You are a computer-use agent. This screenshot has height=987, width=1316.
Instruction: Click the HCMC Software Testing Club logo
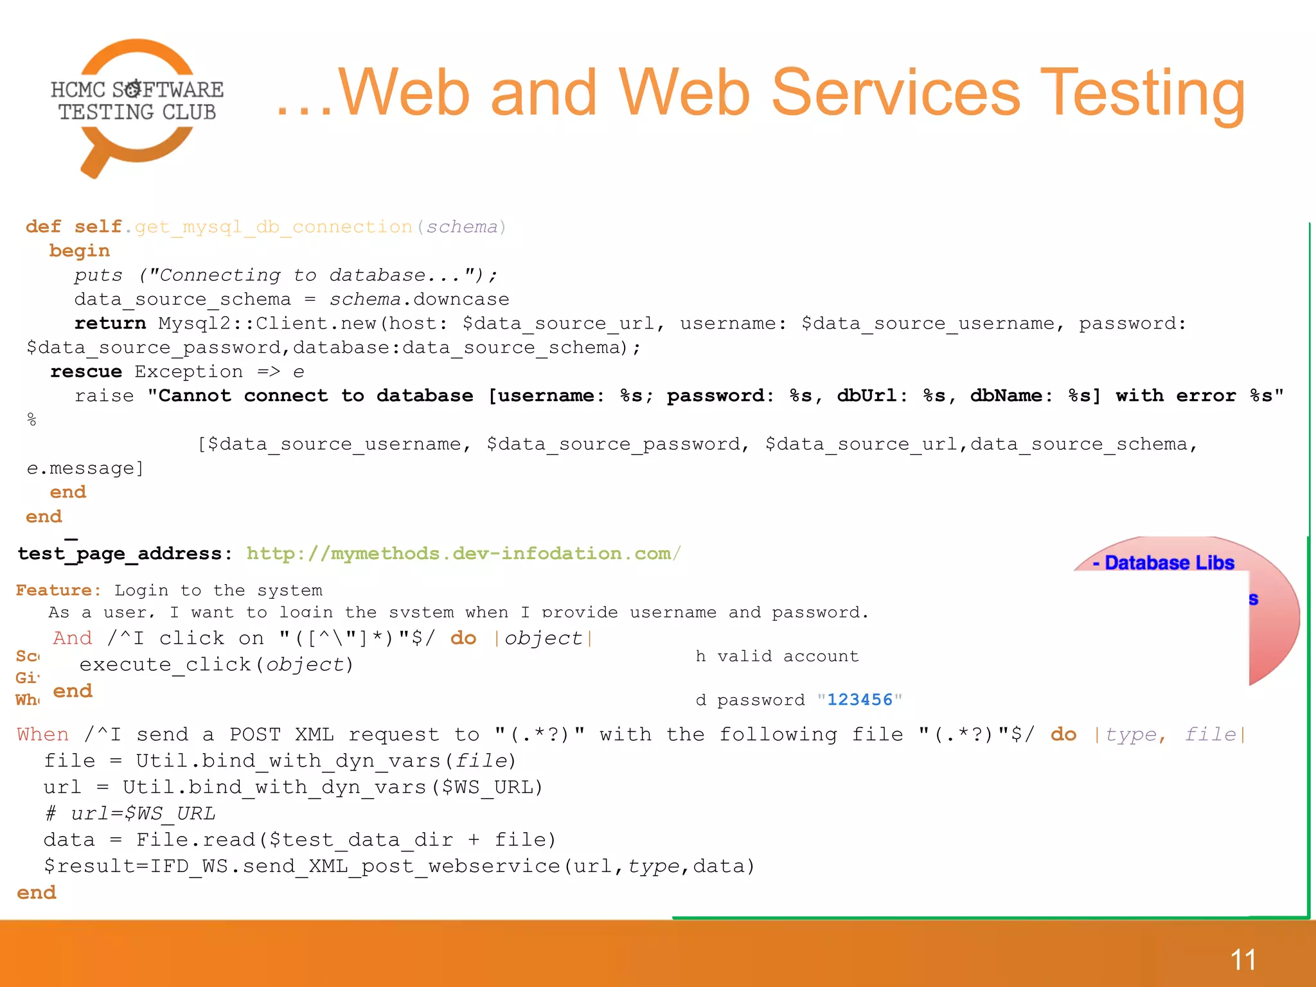tap(137, 106)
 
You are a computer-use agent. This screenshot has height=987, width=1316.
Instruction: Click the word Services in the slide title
tap(896, 94)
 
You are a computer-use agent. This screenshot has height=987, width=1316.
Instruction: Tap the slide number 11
tap(1243, 960)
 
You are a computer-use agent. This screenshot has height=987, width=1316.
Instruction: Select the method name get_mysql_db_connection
tap(274, 227)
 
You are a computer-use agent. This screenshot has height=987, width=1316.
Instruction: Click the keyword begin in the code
tap(80, 251)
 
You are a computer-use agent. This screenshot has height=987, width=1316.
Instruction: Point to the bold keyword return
tap(110, 324)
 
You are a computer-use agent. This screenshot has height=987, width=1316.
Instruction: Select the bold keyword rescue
tap(86, 372)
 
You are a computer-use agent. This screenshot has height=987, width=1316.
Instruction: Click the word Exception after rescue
tap(188, 372)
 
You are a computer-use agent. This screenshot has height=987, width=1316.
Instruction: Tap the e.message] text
tap(85, 468)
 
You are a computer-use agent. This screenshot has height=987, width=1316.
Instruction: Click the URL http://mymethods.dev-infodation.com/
tap(463, 554)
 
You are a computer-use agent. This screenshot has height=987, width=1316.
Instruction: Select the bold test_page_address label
tap(120, 554)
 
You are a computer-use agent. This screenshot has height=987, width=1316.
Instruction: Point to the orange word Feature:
tap(58, 591)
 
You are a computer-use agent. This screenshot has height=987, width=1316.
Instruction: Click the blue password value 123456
tap(859, 700)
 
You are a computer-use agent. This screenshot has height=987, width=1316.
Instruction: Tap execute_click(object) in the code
tap(217, 664)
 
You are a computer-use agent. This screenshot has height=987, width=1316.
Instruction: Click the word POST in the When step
tap(255, 734)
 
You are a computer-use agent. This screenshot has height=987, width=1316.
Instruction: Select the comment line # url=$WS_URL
tap(130, 814)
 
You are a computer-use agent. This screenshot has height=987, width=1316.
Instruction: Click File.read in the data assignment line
tap(196, 840)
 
